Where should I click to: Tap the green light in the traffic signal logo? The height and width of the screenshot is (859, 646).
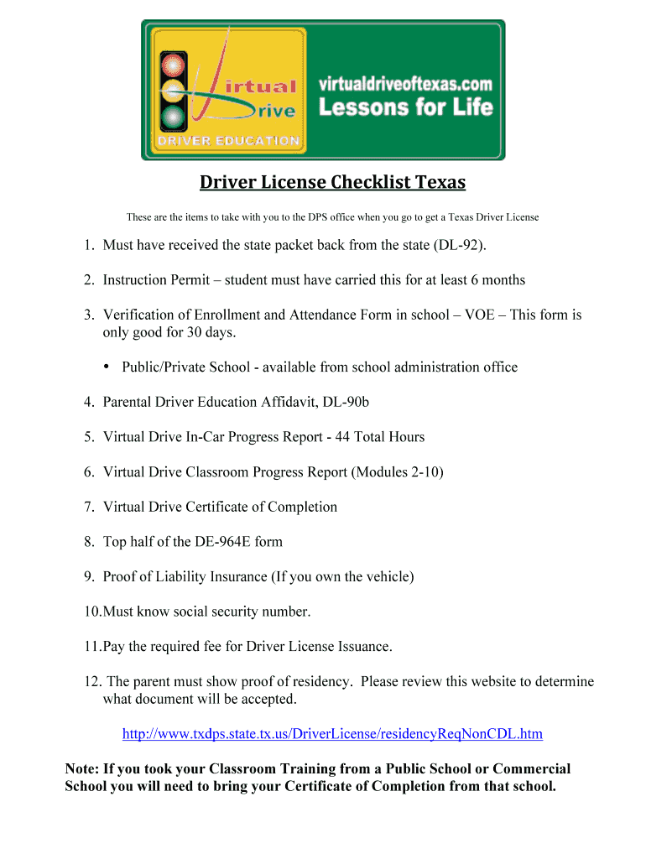173,115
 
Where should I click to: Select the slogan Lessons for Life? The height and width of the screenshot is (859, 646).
404,107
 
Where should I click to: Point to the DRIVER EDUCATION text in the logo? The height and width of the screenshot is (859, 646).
226,141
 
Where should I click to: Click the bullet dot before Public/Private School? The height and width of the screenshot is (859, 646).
107,367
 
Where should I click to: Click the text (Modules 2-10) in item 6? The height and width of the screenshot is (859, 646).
398,472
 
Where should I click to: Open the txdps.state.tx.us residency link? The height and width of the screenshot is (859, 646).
332,734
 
